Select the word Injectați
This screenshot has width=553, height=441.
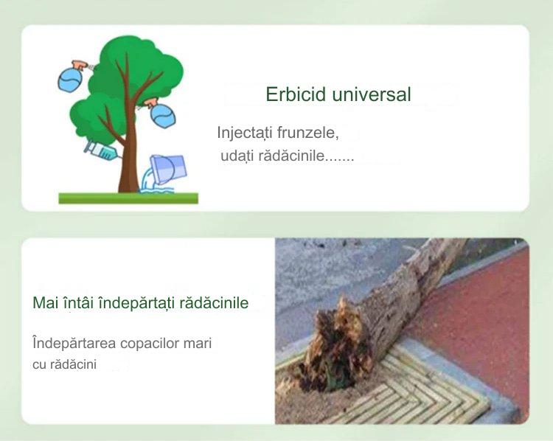[x=245, y=133]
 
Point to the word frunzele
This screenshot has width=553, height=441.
[x=308, y=133]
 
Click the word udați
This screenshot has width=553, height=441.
[x=237, y=156]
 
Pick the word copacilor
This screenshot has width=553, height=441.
[x=150, y=344]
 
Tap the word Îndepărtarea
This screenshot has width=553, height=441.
[x=74, y=343]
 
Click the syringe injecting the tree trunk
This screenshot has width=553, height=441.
[x=102, y=150]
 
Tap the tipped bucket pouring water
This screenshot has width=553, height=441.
[x=168, y=169]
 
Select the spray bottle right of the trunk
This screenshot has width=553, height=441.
[x=161, y=113]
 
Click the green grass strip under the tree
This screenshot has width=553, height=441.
[x=128, y=198]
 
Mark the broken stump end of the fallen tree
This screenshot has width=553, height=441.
[x=335, y=344]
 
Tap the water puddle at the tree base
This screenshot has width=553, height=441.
[x=157, y=190]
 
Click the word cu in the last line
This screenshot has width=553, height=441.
[x=39, y=365]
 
